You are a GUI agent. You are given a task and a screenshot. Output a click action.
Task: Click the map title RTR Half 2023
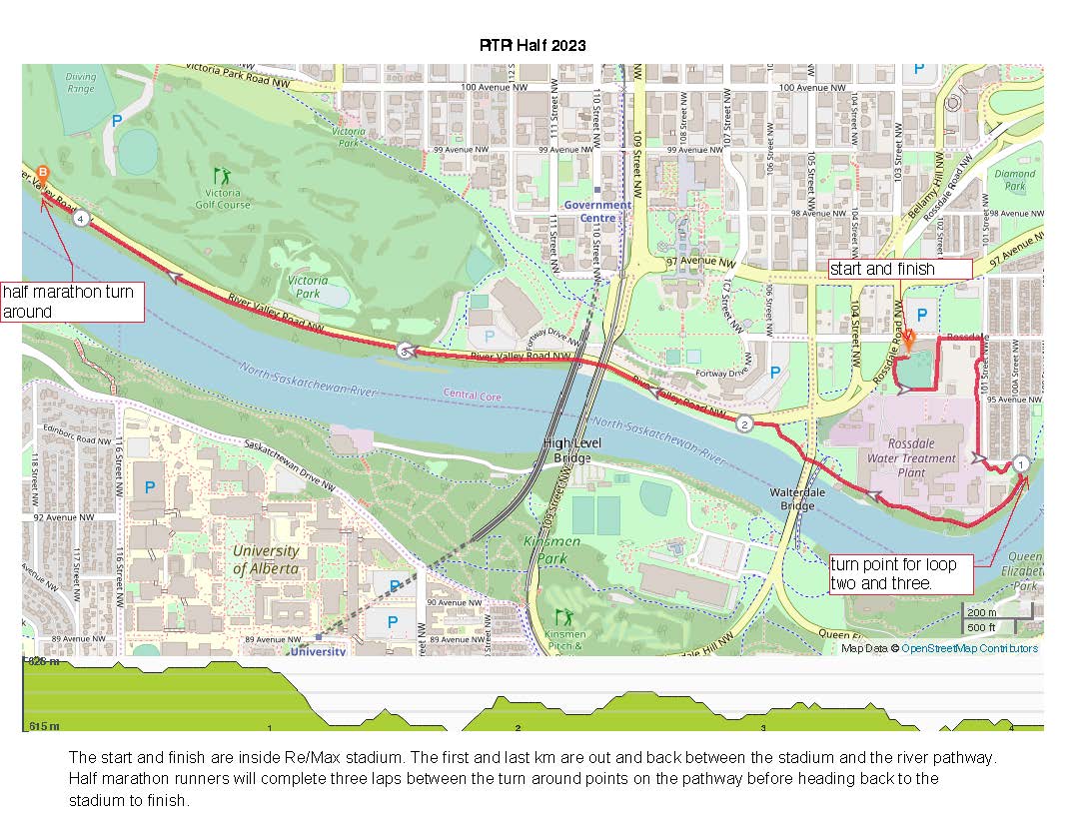pos(533,45)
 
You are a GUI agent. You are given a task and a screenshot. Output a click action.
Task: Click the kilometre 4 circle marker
pos(81,218)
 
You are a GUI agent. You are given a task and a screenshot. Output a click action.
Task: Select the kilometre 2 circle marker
pos(745,423)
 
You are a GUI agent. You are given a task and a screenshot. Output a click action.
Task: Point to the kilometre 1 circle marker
pos(1021,463)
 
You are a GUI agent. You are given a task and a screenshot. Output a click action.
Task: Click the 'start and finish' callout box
pos(900,269)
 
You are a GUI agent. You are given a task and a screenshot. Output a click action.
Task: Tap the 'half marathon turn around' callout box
pos(73,302)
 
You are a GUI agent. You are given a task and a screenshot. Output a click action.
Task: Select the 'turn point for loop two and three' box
pos(893,573)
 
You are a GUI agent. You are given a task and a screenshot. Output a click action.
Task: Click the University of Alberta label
pos(266,559)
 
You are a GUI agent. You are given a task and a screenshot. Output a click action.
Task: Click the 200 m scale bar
pos(981,613)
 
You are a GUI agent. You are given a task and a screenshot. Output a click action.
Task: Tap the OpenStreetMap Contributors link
pos(969,648)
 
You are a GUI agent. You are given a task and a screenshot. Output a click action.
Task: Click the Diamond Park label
pos(1015,180)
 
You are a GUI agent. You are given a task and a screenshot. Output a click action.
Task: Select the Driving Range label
pos(81,82)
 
